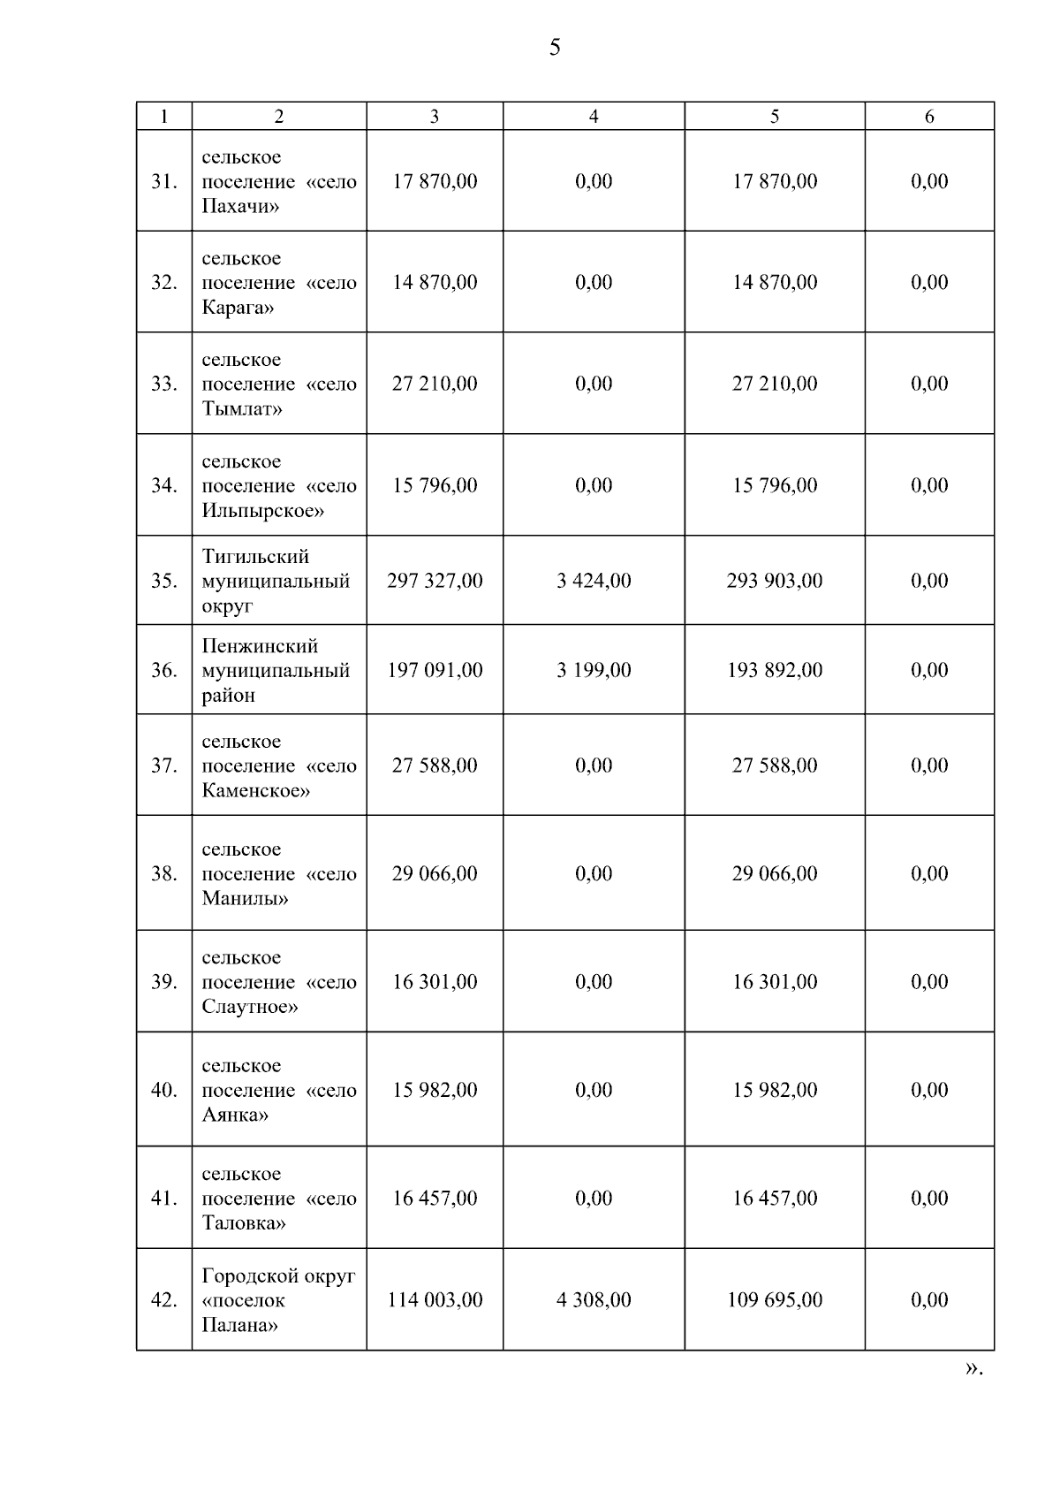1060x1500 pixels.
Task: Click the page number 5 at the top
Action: click(x=555, y=48)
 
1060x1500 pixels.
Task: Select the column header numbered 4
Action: click(x=594, y=117)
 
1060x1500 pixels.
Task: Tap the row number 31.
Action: click(x=164, y=181)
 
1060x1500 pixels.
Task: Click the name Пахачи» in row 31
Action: click(x=240, y=207)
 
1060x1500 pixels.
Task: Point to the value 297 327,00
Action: click(x=435, y=581)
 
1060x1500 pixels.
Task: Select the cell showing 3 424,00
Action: click(x=594, y=581)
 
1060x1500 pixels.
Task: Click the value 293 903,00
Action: click(x=775, y=581)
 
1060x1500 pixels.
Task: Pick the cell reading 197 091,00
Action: click(x=435, y=670)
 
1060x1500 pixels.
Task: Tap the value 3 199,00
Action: click(x=594, y=670)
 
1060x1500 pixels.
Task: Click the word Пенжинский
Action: click(x=260, y=646)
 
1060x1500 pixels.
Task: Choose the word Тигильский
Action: click(x=255, y=557)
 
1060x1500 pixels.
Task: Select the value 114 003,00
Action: click(x=435, y=1299)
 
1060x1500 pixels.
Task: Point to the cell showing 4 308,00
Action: click(x=594, y=1299)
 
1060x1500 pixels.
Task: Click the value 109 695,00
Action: click(x=775, y=1299)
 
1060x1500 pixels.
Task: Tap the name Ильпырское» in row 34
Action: click(x=262, y=511)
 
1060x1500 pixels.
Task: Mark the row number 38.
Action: click(x=164, y=873)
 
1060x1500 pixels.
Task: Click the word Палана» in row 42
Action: click(x=239, y=1325)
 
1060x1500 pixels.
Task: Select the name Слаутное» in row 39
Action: click(x=249, y=1007)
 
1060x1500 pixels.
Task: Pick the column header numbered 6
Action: click(x=929, y=117)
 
